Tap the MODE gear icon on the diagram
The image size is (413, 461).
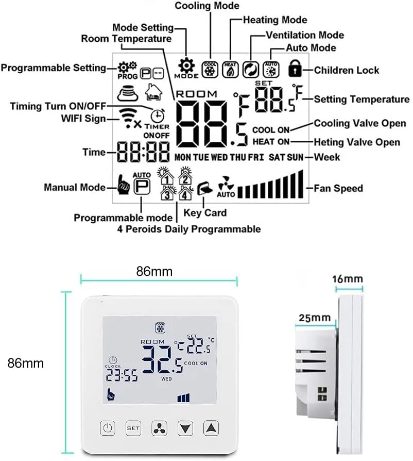click(186, 65)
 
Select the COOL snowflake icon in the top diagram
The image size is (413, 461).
click(210, 70)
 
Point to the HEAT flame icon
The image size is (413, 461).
click(230, 70)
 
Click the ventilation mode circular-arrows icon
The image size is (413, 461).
click(251, 70)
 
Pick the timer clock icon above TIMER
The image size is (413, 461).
click(158, 116)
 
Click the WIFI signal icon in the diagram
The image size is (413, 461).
click(129, 118)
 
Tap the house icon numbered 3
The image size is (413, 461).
click(167, 193)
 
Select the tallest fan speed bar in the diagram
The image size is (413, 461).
click(300, 184)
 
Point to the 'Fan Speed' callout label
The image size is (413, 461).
click(338, 188)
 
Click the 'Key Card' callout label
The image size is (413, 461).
click(205, 212)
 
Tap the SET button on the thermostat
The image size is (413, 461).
click(133, 428)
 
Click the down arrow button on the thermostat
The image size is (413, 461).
click(185, 428)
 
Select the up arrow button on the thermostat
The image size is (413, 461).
click(211, 428)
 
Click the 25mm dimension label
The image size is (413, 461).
click(315, 318)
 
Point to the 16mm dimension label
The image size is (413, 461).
click(348, 279)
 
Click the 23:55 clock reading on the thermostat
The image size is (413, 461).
click(122, 375)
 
